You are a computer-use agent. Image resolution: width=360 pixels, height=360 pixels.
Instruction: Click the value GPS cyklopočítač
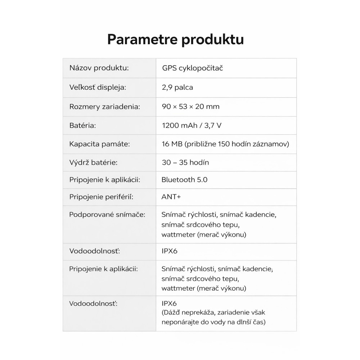(192, 68)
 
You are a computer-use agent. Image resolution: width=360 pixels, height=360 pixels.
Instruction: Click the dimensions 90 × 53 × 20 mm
(190, 107)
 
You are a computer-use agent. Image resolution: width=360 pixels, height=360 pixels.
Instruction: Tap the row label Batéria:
(82, 126)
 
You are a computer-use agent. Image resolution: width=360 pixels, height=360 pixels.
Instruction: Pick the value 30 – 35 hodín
(185, 162)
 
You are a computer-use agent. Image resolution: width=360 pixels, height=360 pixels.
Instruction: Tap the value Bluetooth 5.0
(184, 180)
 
